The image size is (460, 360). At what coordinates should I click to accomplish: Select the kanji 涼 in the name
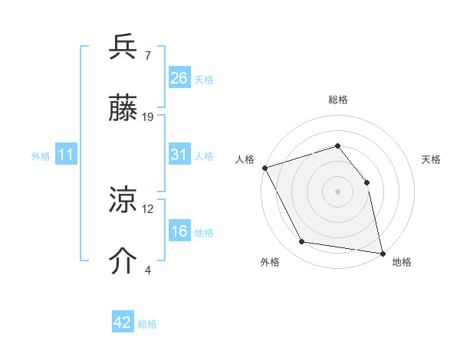[123, 202]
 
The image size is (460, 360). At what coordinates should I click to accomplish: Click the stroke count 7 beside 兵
[148, 56]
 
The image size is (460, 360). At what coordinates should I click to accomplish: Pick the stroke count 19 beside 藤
[149, 116]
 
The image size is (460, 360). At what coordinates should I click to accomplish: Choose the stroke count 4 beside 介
[148, 270]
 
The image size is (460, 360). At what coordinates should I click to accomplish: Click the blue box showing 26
[179, 77]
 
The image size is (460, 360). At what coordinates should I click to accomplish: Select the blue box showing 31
[179, 155]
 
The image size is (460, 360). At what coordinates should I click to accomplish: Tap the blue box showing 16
[179, 231]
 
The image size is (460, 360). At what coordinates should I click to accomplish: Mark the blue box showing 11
[66, 155]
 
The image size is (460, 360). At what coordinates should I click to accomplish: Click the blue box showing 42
[123, 322]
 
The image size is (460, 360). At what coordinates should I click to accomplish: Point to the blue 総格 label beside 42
[147, 324]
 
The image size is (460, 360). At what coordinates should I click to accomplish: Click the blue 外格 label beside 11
[41, 156]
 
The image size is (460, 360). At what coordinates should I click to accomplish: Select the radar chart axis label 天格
[431, 159]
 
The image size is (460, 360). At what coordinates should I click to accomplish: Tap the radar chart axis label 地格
[402, 263]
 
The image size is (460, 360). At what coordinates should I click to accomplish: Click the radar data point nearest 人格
[265, 168]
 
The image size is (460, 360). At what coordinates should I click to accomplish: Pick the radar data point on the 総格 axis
[337, 146]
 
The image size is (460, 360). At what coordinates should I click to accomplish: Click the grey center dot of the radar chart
[337, 191]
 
